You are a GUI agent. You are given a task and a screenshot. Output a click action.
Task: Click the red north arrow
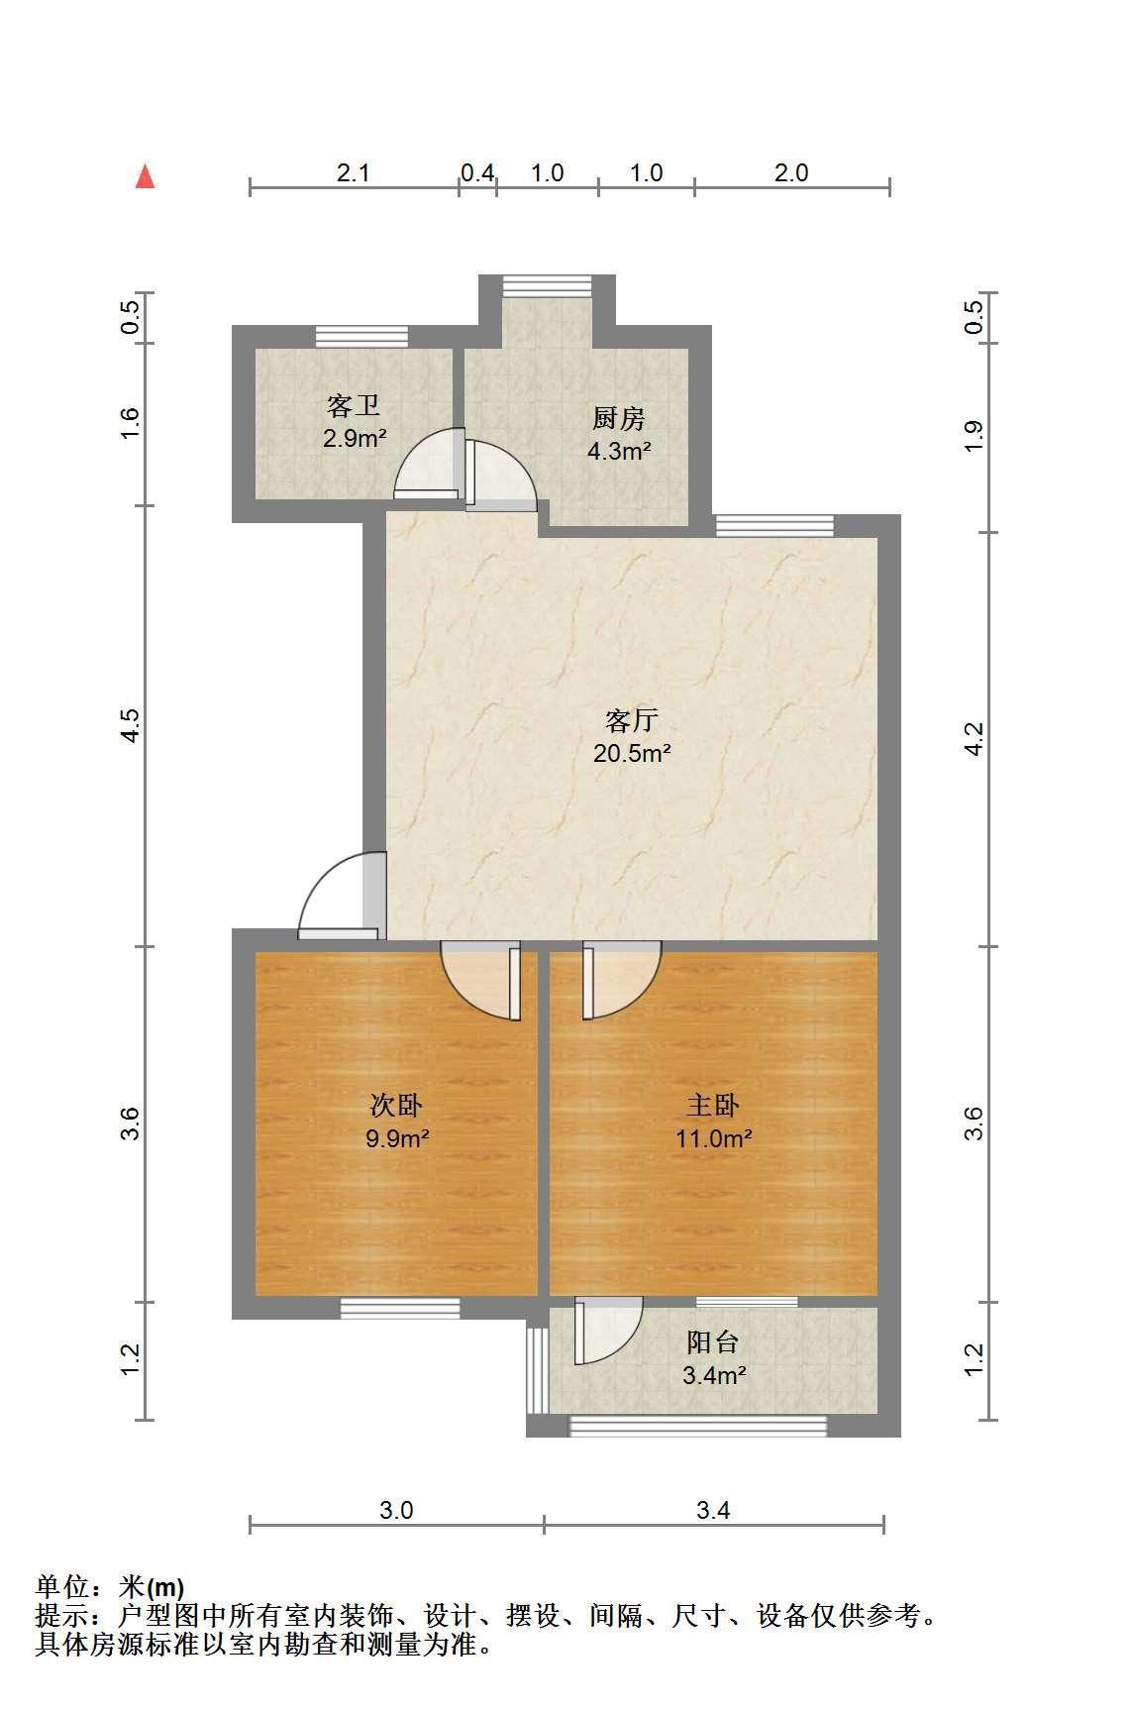click(146, 176)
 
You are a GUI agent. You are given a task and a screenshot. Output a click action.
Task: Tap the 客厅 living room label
click(632, 719)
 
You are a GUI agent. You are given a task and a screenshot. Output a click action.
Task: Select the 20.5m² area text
click(632, 753)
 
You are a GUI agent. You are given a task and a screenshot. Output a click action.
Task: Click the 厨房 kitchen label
click(620, 417)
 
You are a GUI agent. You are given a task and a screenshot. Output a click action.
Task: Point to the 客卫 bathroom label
click(354, 404)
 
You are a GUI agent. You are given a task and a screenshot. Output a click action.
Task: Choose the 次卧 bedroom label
click(397, 1104)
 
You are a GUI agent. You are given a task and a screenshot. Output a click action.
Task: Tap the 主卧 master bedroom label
click(713, 1104)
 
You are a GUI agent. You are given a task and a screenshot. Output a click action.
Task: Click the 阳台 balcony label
click(713, 1342)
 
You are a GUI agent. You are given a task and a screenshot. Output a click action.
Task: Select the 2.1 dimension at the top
click(353, 173)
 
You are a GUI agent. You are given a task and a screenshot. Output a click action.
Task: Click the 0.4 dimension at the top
click(477, 173)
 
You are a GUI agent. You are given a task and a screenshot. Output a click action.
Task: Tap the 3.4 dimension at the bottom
click(713, 1510)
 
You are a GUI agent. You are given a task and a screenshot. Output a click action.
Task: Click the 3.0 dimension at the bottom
click(396, 1510)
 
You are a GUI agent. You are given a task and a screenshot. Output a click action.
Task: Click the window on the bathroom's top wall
click(361, 336)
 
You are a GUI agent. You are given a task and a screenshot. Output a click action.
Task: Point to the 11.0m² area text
click(713, 1137)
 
